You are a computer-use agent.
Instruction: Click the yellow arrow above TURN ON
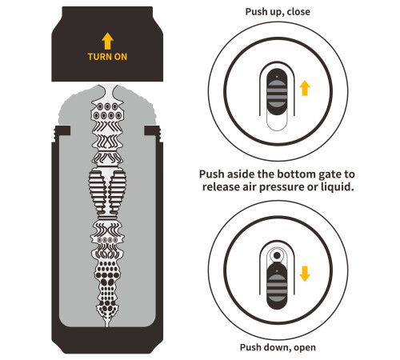107,41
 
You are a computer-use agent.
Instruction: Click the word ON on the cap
121,57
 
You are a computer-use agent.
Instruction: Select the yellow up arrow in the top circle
305,88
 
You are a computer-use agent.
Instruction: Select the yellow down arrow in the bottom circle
305,274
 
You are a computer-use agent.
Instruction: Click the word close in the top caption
298,12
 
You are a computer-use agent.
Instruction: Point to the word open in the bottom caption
305,347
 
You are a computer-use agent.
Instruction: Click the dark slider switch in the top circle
277,92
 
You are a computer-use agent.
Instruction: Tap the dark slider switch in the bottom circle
277,286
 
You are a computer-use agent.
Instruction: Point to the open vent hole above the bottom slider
277,256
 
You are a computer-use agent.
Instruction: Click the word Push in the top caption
254,12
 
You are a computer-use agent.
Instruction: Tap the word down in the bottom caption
280,347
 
